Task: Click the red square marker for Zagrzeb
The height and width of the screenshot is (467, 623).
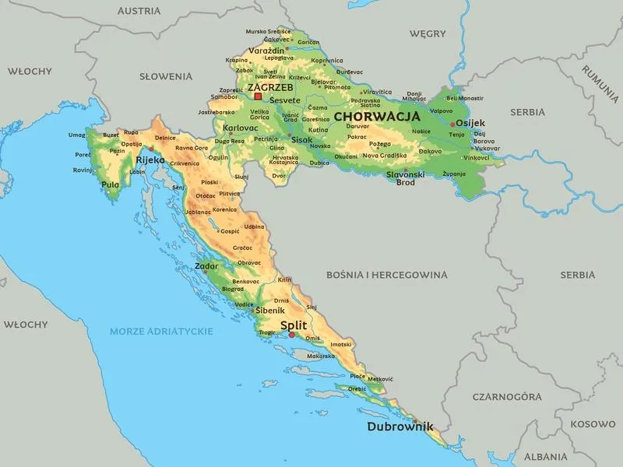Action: (x=258, y=97)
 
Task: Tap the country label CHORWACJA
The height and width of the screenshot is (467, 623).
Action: (x=376, y=116)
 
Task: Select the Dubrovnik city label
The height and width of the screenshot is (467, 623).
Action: (x=399, y=427)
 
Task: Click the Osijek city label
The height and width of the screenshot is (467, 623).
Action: (x=470, y=123)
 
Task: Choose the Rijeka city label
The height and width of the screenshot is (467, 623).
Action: (x=150, y=160)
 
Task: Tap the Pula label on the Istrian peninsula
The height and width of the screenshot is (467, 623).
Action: (x=111, y=184)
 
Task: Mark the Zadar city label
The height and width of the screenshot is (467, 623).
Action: (x=207, y=265)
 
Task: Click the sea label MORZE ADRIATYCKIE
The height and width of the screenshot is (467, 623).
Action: (x=161, y=331)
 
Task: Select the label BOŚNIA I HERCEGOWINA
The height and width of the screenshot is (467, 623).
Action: (x=386, y=275)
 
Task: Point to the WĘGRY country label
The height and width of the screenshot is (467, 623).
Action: (x=428, y=33)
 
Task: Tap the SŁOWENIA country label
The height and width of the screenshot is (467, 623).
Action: (x=165, y=76)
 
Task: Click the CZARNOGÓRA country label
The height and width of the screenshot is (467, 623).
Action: (x=506, y=397)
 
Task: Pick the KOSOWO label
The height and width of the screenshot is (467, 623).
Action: (x=592, y=424)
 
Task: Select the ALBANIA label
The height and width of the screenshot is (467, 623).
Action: (x=545, y=457)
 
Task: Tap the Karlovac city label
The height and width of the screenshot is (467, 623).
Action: (x=240, y=127)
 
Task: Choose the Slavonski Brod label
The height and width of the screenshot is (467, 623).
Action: (x=406, y=178)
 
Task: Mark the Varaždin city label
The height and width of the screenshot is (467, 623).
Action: (x=267, y=51)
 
